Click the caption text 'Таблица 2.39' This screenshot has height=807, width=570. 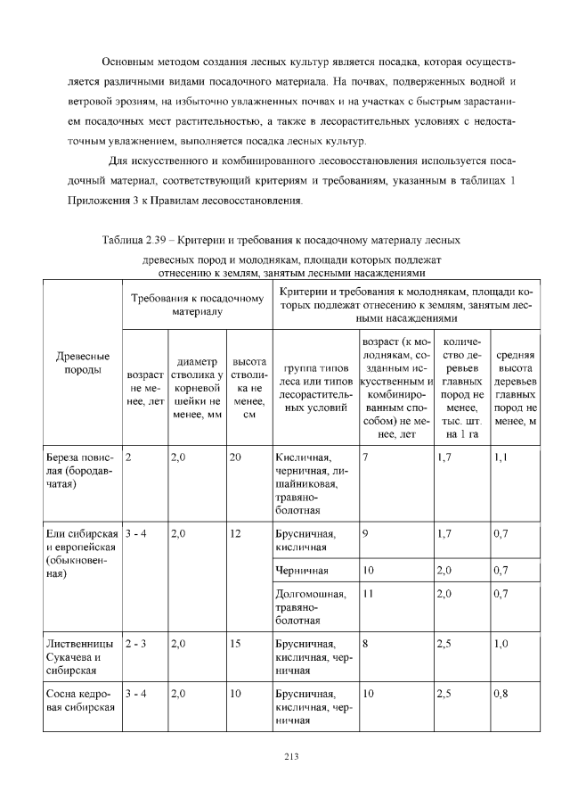pyautogui.click(x=133, y=241)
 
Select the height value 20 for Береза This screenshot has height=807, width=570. pyautogui.click(x=235, y=457)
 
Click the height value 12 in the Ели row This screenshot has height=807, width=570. pyautogui.click(x=235, y=534)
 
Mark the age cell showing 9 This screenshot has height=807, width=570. pyautogui.click(x=367, y=534)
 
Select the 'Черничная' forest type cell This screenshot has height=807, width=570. pyautogui.click(x=303, y=570)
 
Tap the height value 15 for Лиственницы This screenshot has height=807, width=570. pyautogui.click(x=235, y=643)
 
